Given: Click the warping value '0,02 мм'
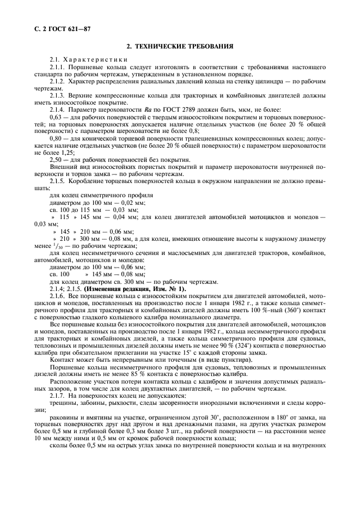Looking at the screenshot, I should pos(129,202).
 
